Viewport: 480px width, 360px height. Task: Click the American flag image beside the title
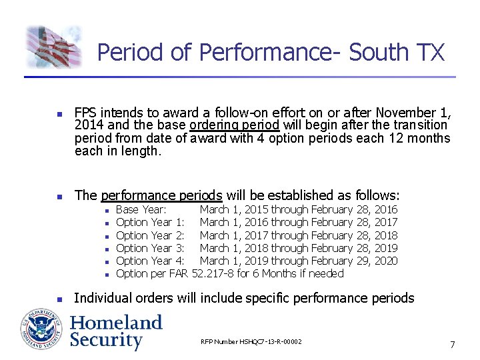coord(53,47)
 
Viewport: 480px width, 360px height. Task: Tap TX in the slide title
coord(429,52)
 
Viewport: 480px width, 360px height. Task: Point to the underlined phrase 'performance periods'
coord(161,195)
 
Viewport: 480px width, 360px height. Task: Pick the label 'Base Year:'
coord(141,209)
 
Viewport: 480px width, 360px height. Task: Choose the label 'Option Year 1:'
coord(150,222)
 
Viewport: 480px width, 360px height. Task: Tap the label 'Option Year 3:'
coord(150,248)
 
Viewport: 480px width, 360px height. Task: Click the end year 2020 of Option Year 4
coord(386,261)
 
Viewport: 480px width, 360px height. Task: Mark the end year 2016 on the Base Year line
coord(386,209)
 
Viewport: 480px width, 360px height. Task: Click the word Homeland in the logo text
coord(116,323)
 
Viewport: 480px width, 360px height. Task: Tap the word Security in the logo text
coord(107,340)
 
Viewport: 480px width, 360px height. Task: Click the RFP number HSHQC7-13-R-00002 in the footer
coord(251,342)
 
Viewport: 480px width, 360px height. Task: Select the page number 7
coord(453,345)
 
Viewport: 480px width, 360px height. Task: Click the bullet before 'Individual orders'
coord(59,299)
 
